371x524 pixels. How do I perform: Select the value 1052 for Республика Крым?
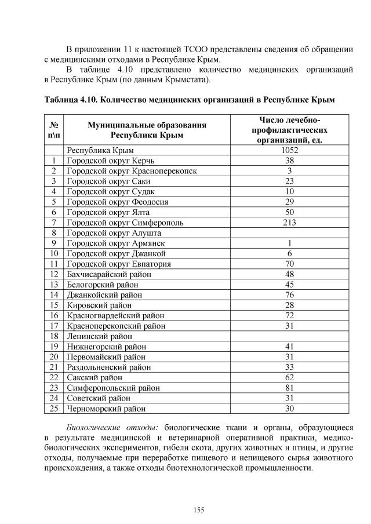[x=289, y=150]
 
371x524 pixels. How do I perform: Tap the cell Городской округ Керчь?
[x=111, y=160]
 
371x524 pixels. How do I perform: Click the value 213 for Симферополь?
[x=289, y=222]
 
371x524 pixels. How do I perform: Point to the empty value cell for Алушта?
[x=289, y=232]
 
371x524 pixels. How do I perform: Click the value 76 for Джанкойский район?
[x=289, y=294]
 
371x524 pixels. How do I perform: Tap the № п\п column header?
[x=54, y=130]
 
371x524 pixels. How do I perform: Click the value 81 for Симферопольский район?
[x=289, y=388]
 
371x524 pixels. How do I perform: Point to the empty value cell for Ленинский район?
[x=289, y=336]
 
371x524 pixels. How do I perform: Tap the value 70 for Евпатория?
[x=289, y=264]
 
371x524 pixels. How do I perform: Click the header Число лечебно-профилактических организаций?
[x=289, y=129]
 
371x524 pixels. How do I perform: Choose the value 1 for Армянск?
[x=289, y=243]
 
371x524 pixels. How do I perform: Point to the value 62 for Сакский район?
[x=289, y=377]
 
